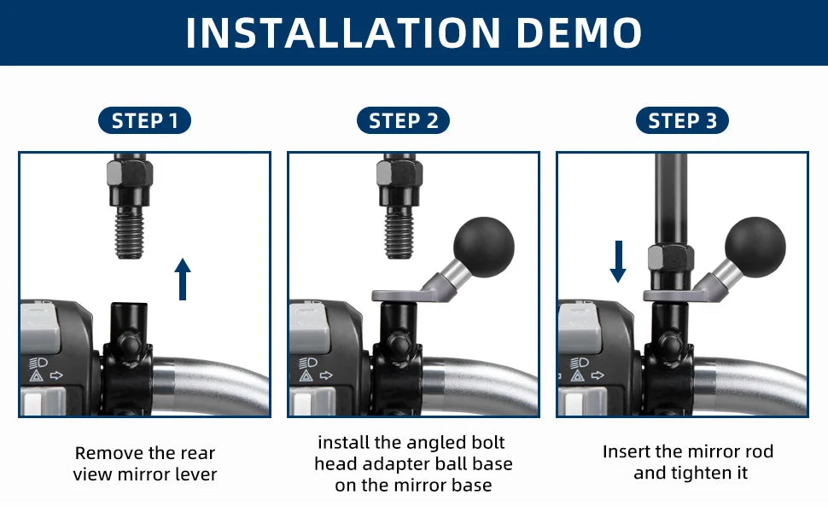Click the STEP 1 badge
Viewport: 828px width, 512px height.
pos(144,120)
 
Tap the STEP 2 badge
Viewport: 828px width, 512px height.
pos(403,120)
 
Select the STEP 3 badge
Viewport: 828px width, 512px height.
pos(682,120)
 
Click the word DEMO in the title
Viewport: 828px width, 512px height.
pos(579,32)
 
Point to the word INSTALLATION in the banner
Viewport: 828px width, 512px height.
pos(343,32)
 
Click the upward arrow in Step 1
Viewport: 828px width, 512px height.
pos(183,279)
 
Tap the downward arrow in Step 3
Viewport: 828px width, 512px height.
pos(618,262)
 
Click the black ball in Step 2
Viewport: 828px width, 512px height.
pos(484,247)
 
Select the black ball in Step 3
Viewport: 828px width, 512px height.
pos(755,247)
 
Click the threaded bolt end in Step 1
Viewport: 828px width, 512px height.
pos(130,233)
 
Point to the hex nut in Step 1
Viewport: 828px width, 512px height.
pos(130,172)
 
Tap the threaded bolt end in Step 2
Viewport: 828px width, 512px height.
pos(399,233)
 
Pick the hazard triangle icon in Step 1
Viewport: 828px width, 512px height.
pos(36,375)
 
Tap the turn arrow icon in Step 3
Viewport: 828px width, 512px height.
pos(598,375)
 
